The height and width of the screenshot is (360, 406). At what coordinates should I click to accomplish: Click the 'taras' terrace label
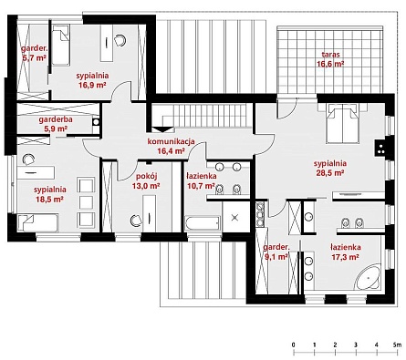click(x=330, y=55)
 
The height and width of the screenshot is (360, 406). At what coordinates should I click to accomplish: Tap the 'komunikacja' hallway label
click(x=171, y=141)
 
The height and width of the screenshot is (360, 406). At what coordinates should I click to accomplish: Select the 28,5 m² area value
click(x=330, y=173)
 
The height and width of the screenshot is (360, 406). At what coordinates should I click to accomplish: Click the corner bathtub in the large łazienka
click(x=368, y=277)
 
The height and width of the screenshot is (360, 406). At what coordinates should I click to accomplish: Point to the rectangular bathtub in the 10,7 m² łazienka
click(x=203, y=223)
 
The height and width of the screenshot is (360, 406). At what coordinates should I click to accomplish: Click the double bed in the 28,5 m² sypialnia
click(x=342, y=123)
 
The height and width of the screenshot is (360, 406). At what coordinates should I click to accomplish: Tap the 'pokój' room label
click(x=146, y=176)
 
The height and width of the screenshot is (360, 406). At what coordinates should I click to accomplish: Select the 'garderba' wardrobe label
click(x=56, y=119)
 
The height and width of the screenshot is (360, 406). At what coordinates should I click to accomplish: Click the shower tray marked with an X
click(x=234, y=218)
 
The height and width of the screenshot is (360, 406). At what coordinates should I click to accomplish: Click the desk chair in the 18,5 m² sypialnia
click(x=28, y=159)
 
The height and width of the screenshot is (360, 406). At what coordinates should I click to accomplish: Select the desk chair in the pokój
click(x=136, y=221)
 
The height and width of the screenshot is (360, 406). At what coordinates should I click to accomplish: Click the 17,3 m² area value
click(x=346, y=257)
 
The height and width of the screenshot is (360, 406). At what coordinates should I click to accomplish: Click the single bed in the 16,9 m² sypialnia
click(x=61, y=45)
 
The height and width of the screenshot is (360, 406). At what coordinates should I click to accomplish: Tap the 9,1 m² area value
click(x=276, y=257)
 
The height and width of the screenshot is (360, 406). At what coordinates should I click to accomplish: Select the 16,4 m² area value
click(x=172, y=150)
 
